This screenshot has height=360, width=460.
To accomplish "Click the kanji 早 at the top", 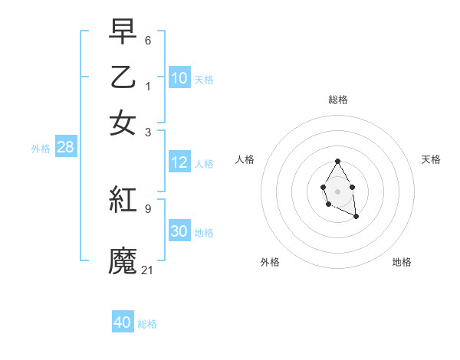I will pos(123,34).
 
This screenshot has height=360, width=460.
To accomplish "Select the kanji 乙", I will pos(123,78).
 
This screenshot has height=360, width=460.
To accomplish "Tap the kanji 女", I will pos(123,123).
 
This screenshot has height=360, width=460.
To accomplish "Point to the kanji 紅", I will pos(123,200).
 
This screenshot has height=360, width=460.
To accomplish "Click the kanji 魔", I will pos(123,260).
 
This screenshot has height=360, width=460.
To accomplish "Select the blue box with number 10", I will pos(179,78).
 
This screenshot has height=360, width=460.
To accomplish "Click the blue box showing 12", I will pos(179,162).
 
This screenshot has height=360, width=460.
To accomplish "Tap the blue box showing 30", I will pos(179,231).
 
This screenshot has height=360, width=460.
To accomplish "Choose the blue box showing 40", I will pos(123,322).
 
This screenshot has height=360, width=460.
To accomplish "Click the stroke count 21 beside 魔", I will pos(148,269).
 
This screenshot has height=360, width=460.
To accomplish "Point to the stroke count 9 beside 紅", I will pos(148,208).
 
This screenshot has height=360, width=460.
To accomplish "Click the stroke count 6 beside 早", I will pos(148,40).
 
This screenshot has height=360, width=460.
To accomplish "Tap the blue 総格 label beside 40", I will pos(147,324).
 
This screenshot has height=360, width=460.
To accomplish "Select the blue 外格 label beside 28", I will pos(41,149).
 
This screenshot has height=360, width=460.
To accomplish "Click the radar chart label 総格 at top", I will pos(338,100).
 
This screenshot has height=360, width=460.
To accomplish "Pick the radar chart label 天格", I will pos(431,159).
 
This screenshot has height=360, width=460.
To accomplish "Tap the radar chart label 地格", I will pos(402,262).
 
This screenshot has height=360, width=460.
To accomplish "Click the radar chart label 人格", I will pos(245,159).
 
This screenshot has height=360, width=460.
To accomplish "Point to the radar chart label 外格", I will pos(270,262).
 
